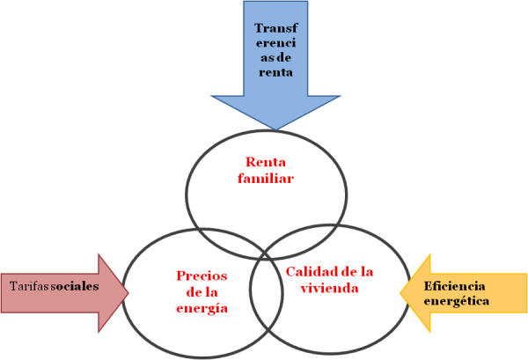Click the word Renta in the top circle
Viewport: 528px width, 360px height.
click(x=265, y=163)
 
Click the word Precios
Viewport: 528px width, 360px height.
click(x=202, y=275)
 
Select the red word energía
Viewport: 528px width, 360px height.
click(x=202, y=308)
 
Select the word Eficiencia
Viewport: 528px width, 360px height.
click(x=455, y=285)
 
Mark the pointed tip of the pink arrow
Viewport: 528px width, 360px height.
click(x=128, y=287)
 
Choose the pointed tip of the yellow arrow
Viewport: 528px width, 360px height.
click(x=400, y=293)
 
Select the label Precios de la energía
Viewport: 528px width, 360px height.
click(x=202, y=291)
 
